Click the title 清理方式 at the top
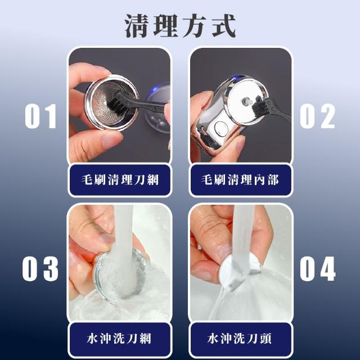(x=180, y=26)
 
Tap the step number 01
(x=41, y=116)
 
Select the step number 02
(x=317, y=116)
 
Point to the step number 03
(x=40, y=269)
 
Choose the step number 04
(x=318, y=269)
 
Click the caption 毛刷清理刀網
(x=120, y=180)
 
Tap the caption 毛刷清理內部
(x=240, y=180)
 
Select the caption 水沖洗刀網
(x=119, y=339)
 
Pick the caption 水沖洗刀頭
(x=240, y=339)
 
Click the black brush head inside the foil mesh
(x=119, y=102)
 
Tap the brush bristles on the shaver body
(x=258, y=105)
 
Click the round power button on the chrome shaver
(x=221, y=128)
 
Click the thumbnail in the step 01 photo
(x=110, y=139)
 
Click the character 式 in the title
(x=223, y=26)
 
